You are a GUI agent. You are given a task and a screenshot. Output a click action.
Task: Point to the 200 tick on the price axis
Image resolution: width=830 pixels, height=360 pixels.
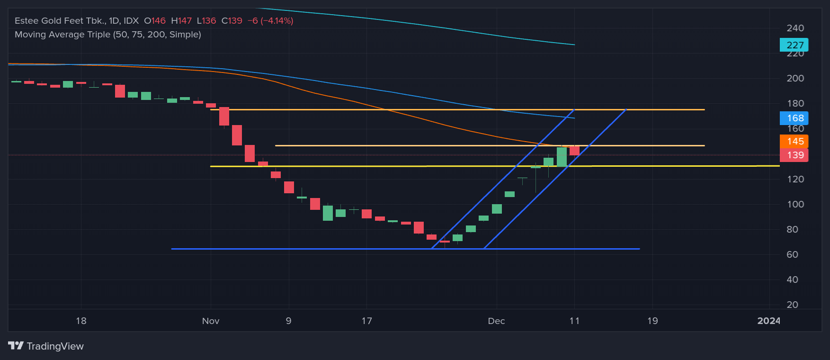[x=795, y=78]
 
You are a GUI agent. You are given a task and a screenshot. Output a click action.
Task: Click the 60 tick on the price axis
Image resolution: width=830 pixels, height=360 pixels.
[x=792, y=254]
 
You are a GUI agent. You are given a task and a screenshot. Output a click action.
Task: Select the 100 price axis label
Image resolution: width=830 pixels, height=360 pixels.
[x=795, y=204]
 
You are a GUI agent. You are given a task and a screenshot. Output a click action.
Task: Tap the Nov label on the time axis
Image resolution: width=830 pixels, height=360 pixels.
[x=211, y=321]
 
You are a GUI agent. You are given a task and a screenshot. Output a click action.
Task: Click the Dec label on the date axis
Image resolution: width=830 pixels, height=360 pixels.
[x=496, y=321]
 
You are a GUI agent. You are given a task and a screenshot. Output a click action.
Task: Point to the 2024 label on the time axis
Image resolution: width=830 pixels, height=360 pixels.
[x=768, y=321]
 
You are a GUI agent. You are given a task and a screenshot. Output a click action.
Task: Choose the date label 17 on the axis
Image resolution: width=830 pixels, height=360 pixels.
[x=366, y=321]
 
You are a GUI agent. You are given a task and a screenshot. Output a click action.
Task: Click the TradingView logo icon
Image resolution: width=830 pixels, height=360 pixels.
[x=16, y=346]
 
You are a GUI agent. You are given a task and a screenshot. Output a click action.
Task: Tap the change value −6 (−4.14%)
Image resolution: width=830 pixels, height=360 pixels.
[x=270, y=21]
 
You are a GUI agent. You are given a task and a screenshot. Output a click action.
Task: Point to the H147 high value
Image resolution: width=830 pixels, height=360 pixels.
[x=181, y=21]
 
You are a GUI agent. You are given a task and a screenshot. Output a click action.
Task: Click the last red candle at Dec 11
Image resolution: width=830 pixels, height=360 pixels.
[x=574, y=151]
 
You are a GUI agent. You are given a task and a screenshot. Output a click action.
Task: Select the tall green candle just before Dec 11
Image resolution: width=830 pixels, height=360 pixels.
[x=562, y=157]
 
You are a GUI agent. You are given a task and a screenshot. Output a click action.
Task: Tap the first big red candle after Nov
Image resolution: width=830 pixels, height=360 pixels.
[x=224, y=116]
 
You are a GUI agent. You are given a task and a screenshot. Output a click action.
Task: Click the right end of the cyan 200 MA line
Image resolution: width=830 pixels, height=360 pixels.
[x=574, y=45]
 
